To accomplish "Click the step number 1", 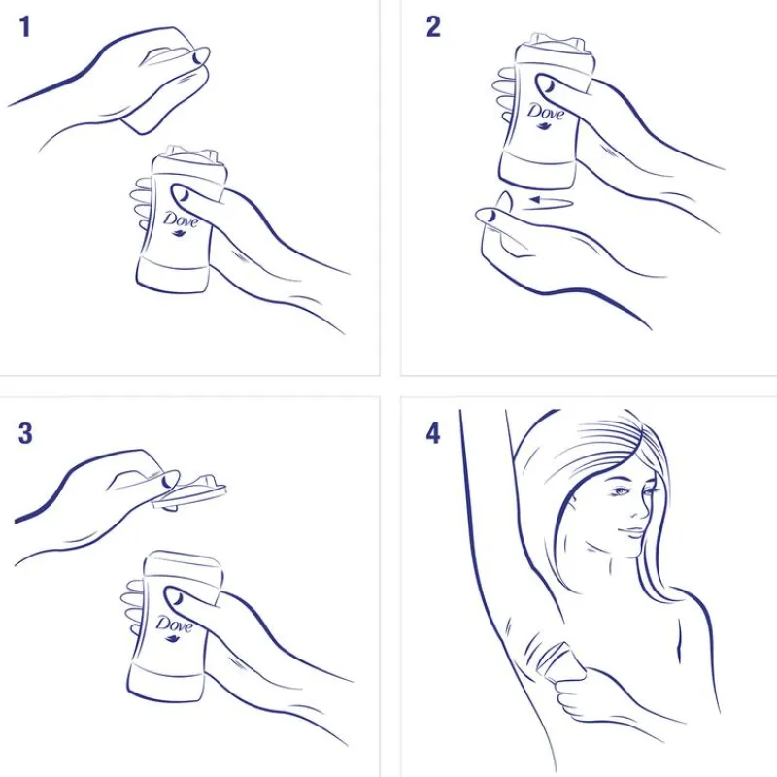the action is tap(25, 27).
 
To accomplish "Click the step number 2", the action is tap(433, 27).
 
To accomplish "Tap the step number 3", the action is tap(25, 433).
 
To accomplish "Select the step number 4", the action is tap(433, 433).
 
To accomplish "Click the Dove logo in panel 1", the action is tap(181, 222).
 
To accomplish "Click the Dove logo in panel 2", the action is tap(546, 114).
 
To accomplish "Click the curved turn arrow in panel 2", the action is tap(550, 202).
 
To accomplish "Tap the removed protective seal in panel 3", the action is tap(189, 491).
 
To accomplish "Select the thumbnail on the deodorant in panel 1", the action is tap(183, 195).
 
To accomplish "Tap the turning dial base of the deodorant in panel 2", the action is tap(537, 174).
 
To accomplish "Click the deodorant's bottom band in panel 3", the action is tap(166, 683).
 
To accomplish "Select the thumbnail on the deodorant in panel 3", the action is tap(176, 598).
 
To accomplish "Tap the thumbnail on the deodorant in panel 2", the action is tap(548, 85).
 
